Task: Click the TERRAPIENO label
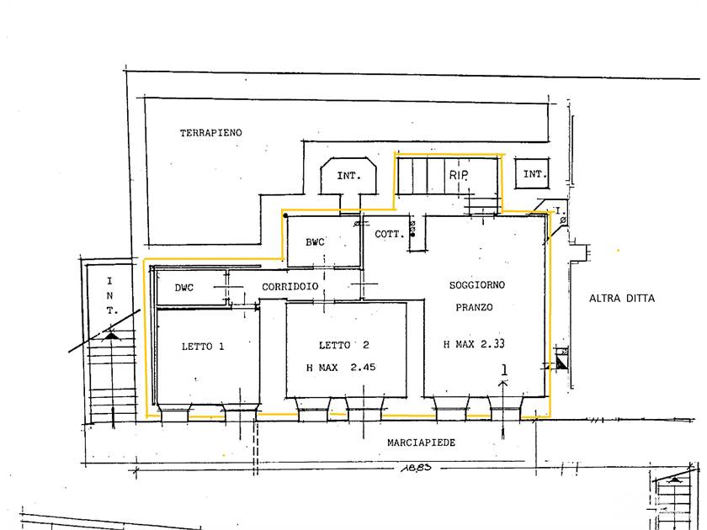[x=211, y=133]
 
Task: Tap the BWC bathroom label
[x=315, y=242]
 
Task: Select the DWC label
[x=184, y=288]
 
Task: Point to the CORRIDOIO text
[x=290, y=287]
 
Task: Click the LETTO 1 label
[x=203, y=347]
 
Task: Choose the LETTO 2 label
[x=344, y=345]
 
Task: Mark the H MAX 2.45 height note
[x=341, y=368]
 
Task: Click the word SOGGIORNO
[x=477, y=285]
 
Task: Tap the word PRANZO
[x=474, y=307]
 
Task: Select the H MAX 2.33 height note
[x=474, y=344]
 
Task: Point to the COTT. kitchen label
[x=390, y=235]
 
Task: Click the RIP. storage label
[x=459, y=175]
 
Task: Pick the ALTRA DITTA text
[x=622, y=299]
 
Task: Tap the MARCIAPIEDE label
[x=421, y=443]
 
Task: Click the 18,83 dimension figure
[x=416, y=468]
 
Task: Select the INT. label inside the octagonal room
[x=348, y=176]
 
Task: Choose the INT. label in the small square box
[x=535, y=173]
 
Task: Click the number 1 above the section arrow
[x=504, y=370]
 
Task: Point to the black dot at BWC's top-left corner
[x=285, y=216]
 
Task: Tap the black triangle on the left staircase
[x=111, y=336]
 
